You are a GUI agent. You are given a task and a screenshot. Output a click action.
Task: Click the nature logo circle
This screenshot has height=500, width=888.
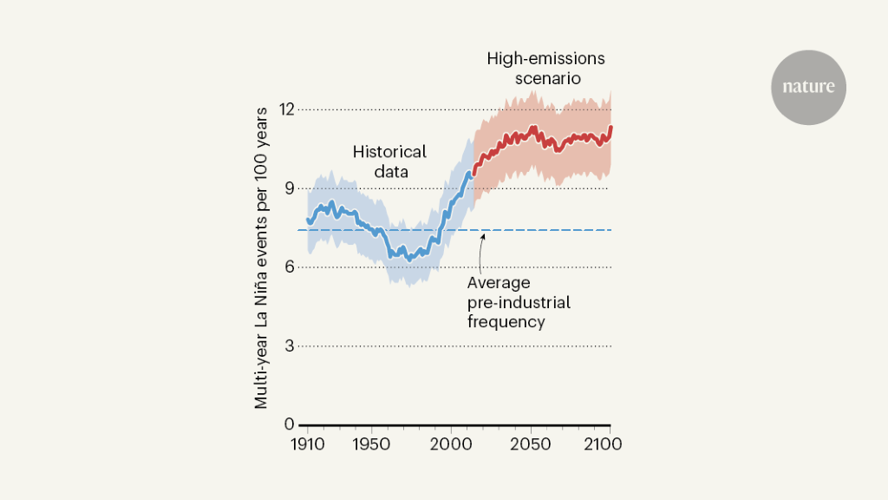(808, 88)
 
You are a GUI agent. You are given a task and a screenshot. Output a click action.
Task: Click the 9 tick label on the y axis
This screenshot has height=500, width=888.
(289, 188)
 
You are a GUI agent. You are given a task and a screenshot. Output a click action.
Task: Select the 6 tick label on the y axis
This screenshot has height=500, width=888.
(289, 267)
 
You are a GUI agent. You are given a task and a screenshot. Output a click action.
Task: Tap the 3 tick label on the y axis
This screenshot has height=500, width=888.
(289, 346)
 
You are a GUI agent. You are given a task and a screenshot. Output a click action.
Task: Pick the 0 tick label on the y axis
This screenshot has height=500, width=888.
(289, 424)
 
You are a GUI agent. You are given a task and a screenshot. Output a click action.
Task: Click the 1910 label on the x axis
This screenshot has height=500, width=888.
(307, 443)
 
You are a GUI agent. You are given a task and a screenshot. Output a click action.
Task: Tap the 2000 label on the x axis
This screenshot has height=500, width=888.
(451, 443)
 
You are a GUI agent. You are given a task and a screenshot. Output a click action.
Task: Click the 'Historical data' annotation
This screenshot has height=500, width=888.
(389, 161)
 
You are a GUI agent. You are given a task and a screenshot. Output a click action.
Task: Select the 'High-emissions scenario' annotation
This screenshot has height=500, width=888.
(545, 69)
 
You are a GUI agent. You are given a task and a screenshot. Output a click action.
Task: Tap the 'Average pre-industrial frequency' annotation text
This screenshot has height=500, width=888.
(519, 302)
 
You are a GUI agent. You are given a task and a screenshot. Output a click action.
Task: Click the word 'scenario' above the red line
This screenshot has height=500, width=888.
(545, 79)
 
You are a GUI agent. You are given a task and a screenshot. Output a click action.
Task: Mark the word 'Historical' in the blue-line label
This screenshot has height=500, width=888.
(389, 152)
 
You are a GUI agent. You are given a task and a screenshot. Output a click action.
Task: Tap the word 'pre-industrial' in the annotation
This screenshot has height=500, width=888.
(519, 303)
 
